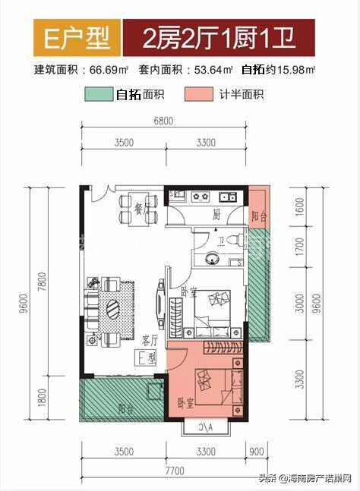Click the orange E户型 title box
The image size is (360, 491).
(66, 36)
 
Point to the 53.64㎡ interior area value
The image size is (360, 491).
(214, 71)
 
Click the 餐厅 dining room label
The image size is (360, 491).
(140, 208)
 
